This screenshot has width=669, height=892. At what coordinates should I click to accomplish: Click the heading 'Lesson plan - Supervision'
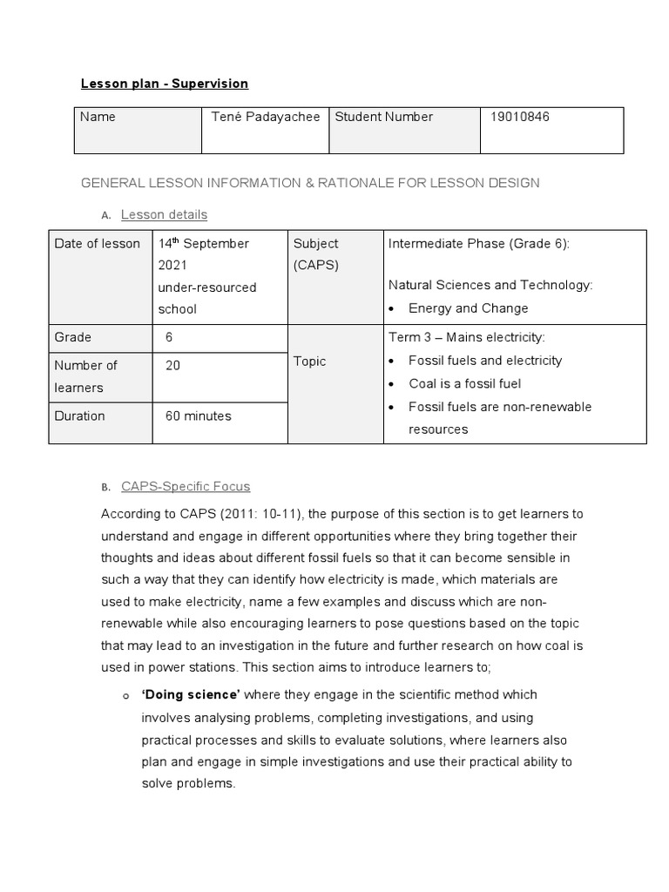165,84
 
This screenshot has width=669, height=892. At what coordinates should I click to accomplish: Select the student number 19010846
521,117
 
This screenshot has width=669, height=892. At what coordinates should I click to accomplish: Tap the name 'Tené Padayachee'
266,117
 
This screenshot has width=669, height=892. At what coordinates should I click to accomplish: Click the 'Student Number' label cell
383,117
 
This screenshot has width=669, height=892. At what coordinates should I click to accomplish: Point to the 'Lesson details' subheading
164,214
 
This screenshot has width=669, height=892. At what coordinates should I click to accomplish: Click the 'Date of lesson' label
97,244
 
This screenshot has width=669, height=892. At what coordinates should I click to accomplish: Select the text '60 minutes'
199,416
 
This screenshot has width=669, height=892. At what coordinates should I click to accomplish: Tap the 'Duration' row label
79,416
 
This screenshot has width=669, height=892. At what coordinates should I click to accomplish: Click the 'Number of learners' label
85,376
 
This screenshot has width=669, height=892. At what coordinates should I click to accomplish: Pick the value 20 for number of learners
172,366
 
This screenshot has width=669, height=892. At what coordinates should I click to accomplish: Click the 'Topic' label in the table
310,361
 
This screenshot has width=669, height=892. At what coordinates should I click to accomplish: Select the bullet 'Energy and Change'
468,308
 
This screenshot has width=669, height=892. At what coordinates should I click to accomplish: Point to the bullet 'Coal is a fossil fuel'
465,383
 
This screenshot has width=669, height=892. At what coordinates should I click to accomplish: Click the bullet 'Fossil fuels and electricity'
485,361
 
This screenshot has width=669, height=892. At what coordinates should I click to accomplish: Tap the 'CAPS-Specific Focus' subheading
186,486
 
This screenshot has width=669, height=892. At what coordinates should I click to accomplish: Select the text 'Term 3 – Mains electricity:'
466,337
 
